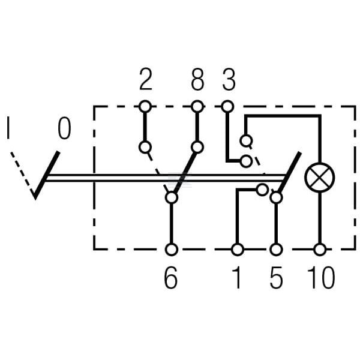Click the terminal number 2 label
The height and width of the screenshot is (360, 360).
tap(146, 79)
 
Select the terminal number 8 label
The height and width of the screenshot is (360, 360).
tap(197, 79)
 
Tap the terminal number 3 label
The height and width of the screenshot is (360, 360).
tap(229, 79)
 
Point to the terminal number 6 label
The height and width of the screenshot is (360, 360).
tap(171, 278)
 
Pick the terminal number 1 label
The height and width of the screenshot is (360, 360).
tap(237, 278)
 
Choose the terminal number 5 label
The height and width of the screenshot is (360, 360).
tap(276, 278)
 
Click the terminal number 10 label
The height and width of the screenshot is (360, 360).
tap(321, 278)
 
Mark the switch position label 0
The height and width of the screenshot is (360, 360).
tap(64, 128)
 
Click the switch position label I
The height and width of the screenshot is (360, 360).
tap(8, 128)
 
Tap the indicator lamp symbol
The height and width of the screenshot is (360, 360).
tap(320, 178)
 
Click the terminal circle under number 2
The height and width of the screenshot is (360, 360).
tap(145, 107)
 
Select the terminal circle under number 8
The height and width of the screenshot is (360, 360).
tap(197, 107)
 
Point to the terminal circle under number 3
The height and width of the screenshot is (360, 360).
tap(228, 107)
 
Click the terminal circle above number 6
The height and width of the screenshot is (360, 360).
tap(172, 250)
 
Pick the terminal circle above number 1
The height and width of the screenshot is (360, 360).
tap(238, 250)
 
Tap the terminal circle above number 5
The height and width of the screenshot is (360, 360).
tap(276, 250)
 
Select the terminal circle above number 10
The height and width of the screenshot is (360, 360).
tap(320, 250)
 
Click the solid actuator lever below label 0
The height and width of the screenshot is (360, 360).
tap(47, 175)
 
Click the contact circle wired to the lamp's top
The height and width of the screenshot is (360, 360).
tap(246, 140)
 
